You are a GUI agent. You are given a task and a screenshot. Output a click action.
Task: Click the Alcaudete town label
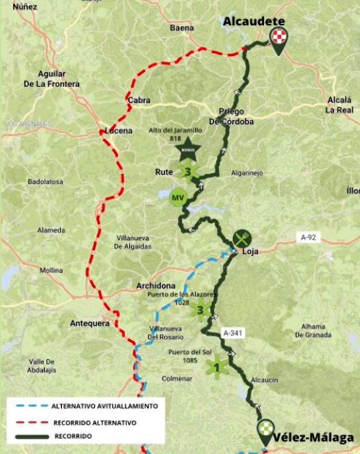(x=253, y=21)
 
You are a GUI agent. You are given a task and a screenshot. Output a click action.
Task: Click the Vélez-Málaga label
(x=313, y=438)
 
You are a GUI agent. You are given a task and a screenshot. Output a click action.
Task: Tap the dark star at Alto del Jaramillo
(x=187, y=151)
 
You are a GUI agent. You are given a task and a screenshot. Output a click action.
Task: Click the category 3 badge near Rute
(x=188, y=171)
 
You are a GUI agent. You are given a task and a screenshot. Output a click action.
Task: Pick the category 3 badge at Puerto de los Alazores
(x=200, y=309)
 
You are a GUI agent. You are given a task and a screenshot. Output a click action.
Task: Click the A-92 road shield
(x=308, y=238)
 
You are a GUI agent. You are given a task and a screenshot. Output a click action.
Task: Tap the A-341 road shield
(x=233, y=334)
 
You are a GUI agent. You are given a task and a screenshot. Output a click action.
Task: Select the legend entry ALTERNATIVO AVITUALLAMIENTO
(x=104, y=406)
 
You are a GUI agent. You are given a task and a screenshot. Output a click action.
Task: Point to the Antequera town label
(x=89, y=323)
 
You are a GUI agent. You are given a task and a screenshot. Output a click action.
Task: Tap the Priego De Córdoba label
(x=231, y=117)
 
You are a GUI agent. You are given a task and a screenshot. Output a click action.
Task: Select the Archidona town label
(x=156, y=285)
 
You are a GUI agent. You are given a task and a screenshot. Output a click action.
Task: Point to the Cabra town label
(x=139, y=100)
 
